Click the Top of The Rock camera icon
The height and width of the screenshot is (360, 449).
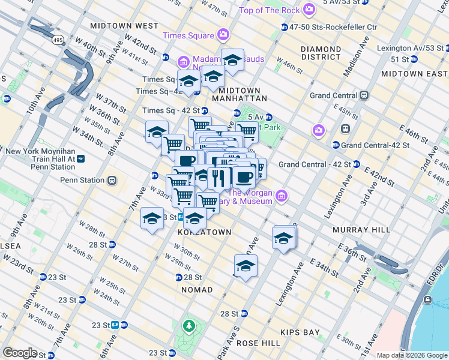(309, 10)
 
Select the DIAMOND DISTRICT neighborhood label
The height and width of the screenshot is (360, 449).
(321, 53)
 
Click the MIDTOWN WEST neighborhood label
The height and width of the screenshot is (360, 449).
(124, 26)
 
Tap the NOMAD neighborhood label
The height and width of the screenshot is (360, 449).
(197, 290)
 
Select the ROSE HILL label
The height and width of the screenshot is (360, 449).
(258, 343)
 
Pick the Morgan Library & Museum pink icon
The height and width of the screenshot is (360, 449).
(280, 195)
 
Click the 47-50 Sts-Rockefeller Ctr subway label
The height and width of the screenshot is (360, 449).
(333, 27)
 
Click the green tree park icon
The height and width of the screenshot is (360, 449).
(189, 326)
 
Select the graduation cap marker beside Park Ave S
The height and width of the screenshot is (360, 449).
(245, 266)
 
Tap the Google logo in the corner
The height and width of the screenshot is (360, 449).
(20, 353)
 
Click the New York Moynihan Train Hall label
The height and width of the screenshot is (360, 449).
(40, 155)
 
